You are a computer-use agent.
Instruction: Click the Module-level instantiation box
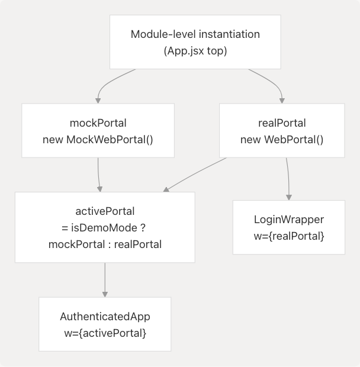click(195, 41)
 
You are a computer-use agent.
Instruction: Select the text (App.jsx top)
click(195, 51)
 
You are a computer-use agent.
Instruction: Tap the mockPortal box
click(98, 130)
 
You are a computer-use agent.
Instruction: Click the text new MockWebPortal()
click(98, 140)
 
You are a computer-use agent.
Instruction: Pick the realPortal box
click(282, 130)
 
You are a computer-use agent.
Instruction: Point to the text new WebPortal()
click(282, 140)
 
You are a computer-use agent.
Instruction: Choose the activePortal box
click(105, 227)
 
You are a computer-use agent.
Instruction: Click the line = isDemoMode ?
click(105, 227)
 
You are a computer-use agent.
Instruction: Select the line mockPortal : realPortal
click(105, 244)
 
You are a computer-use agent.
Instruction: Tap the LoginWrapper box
click(288, 227)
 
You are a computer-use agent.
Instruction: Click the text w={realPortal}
click(288, 236)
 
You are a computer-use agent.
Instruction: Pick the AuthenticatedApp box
click(105, 324)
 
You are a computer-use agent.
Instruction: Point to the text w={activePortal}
click(105, 333)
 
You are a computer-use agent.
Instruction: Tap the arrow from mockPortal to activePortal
click(98, 175)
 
